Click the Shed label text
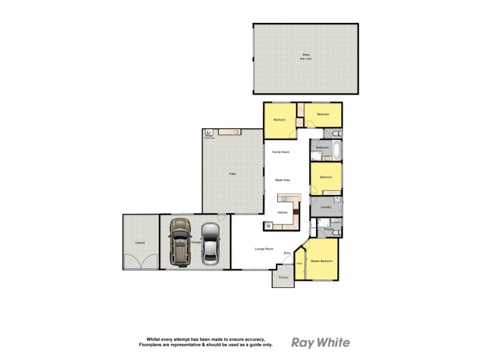(306, 56)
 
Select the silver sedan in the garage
(211, 243)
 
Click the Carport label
(140, 242)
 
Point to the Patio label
(232, 174)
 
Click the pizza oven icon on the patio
(209, 133)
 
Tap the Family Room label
(280, 152)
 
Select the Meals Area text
(283, 180)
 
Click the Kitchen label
(283, 212)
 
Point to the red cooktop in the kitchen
(296, 211)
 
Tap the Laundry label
(326, 207)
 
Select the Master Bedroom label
(321, 261)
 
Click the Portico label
(283, 277)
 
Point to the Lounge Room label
(265, 248)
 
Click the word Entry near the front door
(287, 253)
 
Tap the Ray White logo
(320, 343)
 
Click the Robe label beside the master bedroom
(299, 263)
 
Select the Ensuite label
(328, 229)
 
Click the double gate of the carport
(140, 262)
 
